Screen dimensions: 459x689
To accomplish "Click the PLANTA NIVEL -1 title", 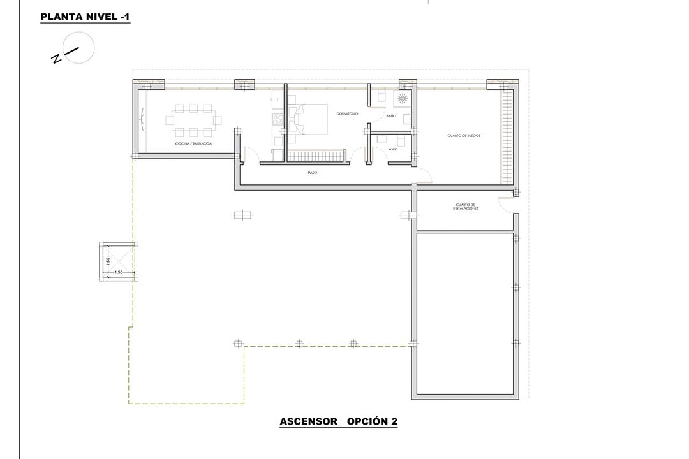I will tap(85, 17).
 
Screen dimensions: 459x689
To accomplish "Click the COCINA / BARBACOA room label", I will tap(194, 145).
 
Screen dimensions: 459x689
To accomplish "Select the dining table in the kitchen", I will tap(194, 120).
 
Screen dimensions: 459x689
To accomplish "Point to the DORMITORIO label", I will tap(347, 114).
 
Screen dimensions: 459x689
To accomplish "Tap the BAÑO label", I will tap(391, 117).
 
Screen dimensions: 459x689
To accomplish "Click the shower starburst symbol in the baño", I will tap(403, 98).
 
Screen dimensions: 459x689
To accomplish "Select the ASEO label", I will tap(393, 150).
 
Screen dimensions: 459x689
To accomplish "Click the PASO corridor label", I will tap(312, 173).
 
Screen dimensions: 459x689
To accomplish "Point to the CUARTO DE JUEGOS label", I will tap(464, 136).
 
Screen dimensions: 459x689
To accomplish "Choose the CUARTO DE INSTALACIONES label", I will tap(466, 207).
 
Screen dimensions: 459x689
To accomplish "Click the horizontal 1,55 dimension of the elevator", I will tap(118, 272).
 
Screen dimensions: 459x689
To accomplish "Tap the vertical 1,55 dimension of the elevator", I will tap(109, 260).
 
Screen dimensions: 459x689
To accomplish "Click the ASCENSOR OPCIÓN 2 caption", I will tap(338, 421).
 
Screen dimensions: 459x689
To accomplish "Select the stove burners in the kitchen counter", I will tap(278, 119).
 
